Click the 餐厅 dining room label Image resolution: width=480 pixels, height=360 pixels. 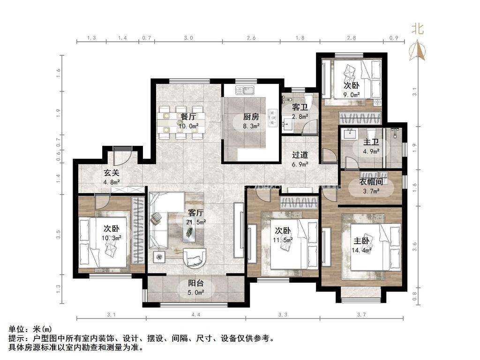tap(188, 117)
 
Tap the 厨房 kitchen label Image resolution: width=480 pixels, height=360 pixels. tap(251, 117)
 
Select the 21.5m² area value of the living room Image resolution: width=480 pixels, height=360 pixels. tap(196, 222)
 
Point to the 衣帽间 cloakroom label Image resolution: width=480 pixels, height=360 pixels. tap(371, 182)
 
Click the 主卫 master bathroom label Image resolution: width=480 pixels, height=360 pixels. tap(371, 142)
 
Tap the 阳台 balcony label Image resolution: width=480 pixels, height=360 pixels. tap(196, 284)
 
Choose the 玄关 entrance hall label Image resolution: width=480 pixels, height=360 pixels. tap(112, 173)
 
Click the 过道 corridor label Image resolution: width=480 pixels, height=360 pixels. tap(300, 155)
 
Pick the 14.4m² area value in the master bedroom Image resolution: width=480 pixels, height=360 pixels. tap(361, 250)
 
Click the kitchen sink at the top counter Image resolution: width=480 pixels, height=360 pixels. tap(245, 91)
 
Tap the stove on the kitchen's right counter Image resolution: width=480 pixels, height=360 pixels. tap(272, 118)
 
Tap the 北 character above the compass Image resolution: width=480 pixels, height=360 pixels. tap(418, 29)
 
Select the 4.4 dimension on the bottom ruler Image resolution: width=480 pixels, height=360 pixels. tap(196, 315)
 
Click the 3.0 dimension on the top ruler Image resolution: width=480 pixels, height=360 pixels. tap(188, 38)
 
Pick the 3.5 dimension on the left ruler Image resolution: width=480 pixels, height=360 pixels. tap(59, 234)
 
